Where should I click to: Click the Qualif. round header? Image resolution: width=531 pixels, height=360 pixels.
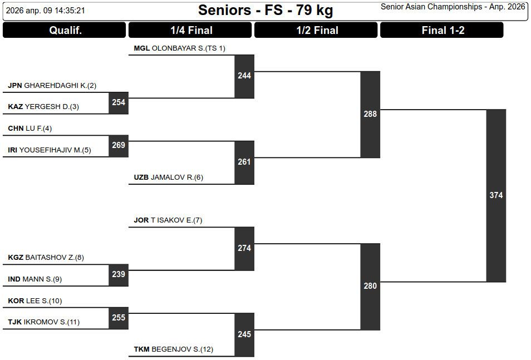point(65,31)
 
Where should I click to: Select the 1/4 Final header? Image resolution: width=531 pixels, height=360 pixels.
point(191,31)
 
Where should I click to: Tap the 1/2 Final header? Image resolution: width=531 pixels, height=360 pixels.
point(317,31)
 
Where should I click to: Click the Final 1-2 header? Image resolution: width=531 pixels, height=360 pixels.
point(442,31)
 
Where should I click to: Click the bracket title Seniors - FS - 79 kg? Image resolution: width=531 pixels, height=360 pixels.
point(265,10)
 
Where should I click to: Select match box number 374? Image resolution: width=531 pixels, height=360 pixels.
point(496,195)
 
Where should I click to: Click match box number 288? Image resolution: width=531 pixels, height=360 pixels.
point(370,114)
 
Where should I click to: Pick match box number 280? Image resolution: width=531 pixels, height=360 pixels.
point(370,286)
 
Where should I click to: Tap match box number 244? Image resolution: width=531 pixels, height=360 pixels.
point(244,76)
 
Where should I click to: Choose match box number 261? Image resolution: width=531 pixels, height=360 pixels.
point(244,162)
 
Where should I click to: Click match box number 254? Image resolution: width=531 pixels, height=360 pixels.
point(119,102)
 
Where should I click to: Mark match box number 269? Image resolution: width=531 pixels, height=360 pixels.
point(119,145)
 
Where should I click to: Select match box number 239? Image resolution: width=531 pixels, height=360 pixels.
point(119,274)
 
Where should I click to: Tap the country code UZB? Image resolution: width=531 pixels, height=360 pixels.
point(141,177)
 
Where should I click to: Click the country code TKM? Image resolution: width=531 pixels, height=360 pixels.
point(141,349)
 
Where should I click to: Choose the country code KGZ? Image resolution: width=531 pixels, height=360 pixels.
point(16,258)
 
